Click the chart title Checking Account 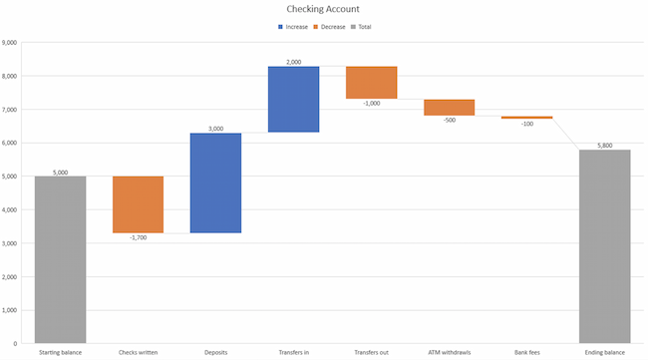324,9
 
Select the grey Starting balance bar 60,259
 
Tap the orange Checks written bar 138,204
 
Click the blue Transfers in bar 293,99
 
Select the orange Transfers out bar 371,83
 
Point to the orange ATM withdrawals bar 449,107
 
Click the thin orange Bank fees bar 526,118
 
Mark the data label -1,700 138,238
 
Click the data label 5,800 604,145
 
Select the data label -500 449,121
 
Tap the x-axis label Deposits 215,352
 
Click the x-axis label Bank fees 526,352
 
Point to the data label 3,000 215,128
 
